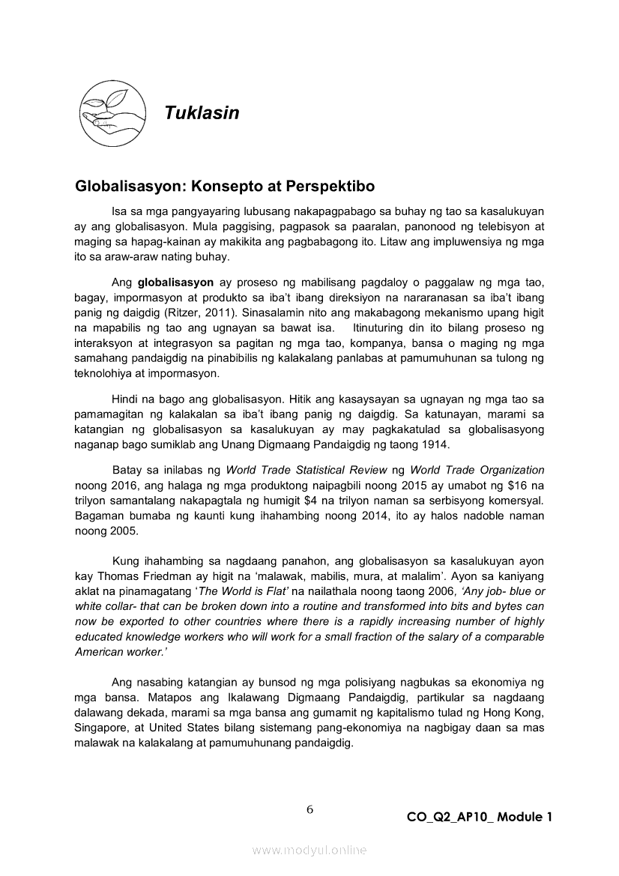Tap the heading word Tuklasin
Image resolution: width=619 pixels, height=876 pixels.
[x=202, y=113]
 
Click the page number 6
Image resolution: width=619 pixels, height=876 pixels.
[x=309, y=809]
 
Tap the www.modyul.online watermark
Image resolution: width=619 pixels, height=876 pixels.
[x=309, y=850]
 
